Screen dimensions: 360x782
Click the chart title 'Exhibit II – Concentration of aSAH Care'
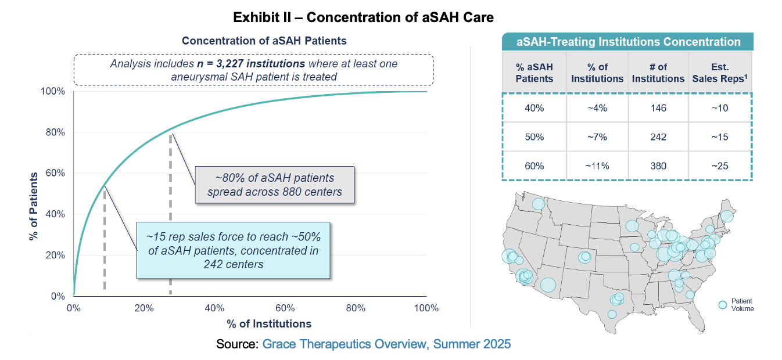click(363, 17)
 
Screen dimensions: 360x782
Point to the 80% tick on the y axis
click(56, 132)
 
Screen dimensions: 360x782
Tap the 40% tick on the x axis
click(214, 308)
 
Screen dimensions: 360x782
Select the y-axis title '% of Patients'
click(33, 206)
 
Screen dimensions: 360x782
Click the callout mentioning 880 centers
click(274, 184)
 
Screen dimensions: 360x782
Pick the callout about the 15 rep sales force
click(233, 251)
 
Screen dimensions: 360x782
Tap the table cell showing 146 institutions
click(658, 108)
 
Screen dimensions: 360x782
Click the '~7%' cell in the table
click(597, 137)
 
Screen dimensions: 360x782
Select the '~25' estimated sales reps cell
click(719, 166)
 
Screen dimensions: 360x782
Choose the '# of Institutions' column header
click(658, 73)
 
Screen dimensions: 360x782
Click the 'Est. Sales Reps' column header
click(719, 73)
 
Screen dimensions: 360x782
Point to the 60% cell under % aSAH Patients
click(535, 166)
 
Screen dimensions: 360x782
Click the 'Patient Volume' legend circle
click(723, 305)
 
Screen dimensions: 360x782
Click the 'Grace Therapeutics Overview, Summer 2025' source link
click(386, 344)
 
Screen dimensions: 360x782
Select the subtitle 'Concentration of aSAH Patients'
click(264, 41)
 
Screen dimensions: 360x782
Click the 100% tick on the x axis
click(426, 308)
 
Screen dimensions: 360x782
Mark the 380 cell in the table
click(658, 166)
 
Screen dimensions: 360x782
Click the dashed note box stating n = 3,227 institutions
click(254, 70)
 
